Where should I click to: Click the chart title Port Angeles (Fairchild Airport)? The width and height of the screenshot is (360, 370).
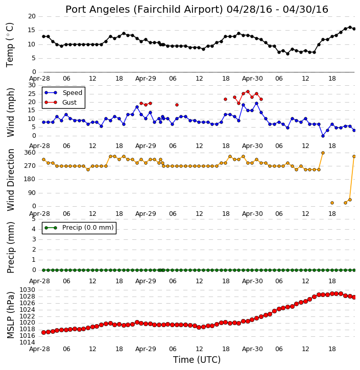[x=144, y=10]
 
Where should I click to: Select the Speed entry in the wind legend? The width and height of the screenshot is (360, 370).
[x=63, y=93]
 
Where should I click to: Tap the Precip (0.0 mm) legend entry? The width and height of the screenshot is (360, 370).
[x=79, y=228]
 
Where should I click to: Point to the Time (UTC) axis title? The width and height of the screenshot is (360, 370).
[x=197, y=360]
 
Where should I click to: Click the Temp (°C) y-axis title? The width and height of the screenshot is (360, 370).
[x=10, y=45]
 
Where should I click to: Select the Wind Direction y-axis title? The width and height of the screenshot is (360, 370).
[x=11, y=180]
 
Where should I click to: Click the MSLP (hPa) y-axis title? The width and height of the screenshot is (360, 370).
[x=11, y=315]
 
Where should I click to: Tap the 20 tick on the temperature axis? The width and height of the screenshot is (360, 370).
[x=32, y=16]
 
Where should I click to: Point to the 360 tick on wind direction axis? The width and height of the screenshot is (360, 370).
[x=30, y=153]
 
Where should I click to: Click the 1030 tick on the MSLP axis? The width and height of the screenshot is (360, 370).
[x=27, y=290]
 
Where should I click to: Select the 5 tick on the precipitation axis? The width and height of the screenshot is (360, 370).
[x=34, y=219]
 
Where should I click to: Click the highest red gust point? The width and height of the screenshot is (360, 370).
[x=248, y=91]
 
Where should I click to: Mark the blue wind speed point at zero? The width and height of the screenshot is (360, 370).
[x=323, y=136]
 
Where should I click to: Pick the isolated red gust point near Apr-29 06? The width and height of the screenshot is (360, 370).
[x=177, y=105]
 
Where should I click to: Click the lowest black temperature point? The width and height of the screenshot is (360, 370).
[x=287, y=54]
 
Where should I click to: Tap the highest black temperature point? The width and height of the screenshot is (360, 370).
[x=350, y=28]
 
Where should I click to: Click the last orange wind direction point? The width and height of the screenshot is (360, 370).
[x=354, y=157]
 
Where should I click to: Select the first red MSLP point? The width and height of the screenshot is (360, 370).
[x=44, y=332]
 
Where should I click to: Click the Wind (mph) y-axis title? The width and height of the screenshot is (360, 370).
[x=11, y=112]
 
